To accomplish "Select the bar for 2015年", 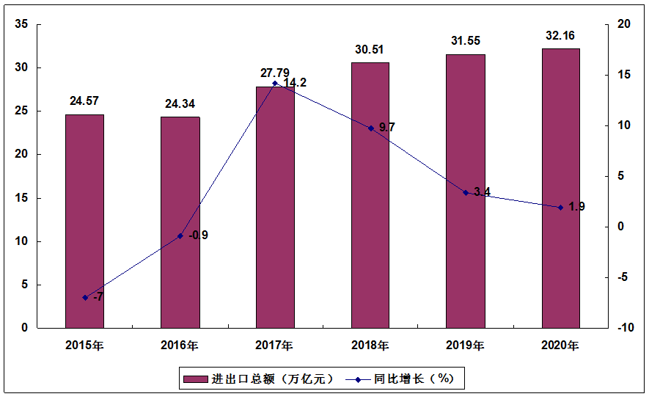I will click(84, 221).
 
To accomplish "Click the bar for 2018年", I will click(370, 195).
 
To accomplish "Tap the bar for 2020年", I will click(561, 188).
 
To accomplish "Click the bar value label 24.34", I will click(180, 103).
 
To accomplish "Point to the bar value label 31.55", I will click(466, 41).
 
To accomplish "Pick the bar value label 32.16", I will click(561, 34).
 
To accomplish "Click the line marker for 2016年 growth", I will click(180, 235).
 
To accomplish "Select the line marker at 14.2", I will click(275, 83).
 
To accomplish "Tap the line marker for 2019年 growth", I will click(466, 192).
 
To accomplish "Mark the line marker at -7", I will click(85, 297).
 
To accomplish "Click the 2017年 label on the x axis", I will click(275, 345).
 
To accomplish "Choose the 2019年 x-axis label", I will click(466, 345).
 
